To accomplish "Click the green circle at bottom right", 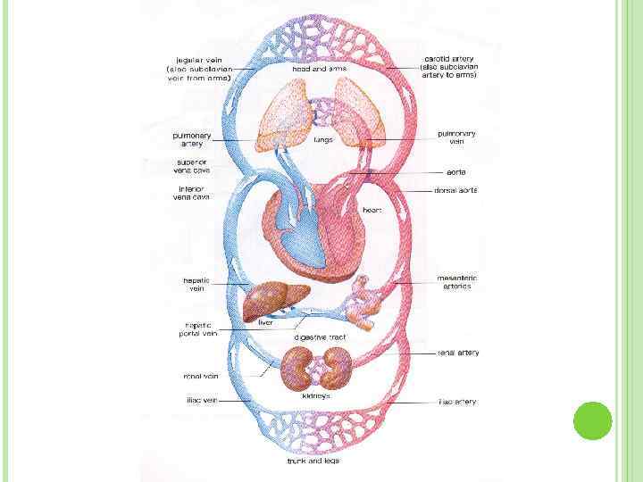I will (x=591, y=420).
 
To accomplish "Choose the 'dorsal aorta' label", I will (x=456, y=189).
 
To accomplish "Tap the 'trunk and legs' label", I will (x=313, y=461).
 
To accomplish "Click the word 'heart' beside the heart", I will (x=372, y=210).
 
